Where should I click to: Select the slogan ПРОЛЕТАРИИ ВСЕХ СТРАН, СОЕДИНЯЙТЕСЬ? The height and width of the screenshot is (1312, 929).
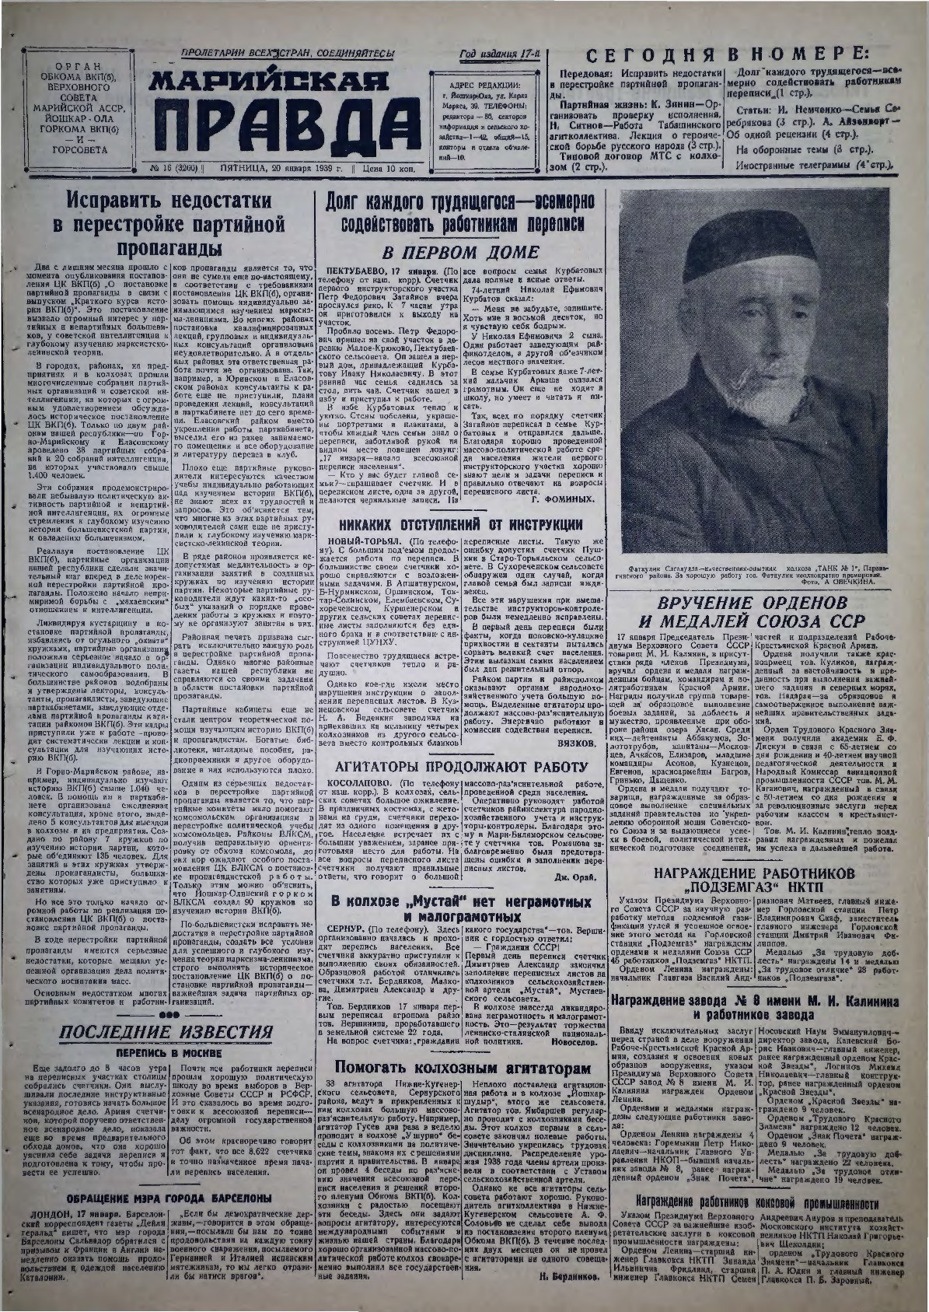(288, 52)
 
